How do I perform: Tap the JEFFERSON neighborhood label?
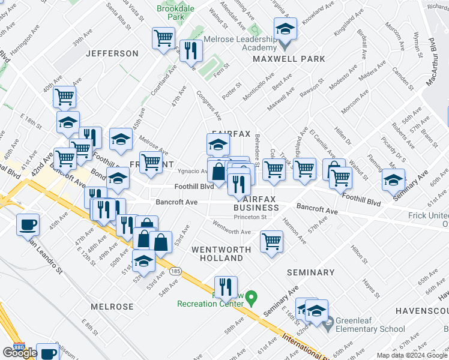tap(112, 53)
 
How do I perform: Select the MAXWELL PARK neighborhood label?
tap(289, 59)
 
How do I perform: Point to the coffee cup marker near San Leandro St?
tap(28, 225)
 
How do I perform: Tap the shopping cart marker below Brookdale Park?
tap(163, 39)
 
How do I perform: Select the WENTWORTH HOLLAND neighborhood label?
tap(217, 253)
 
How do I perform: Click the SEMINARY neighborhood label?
tap(310, 272)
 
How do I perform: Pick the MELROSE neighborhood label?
tap(112, 307)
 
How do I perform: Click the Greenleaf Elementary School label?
tap(370, 325)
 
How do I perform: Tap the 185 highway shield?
tap(175, 271)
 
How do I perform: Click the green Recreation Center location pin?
tap(252, 296)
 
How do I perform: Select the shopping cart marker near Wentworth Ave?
tap(271, 242)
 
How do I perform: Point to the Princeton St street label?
tap(250, 217)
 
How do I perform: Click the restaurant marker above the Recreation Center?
tap(226, 287)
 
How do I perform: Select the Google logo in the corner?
tap(19, 353)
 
